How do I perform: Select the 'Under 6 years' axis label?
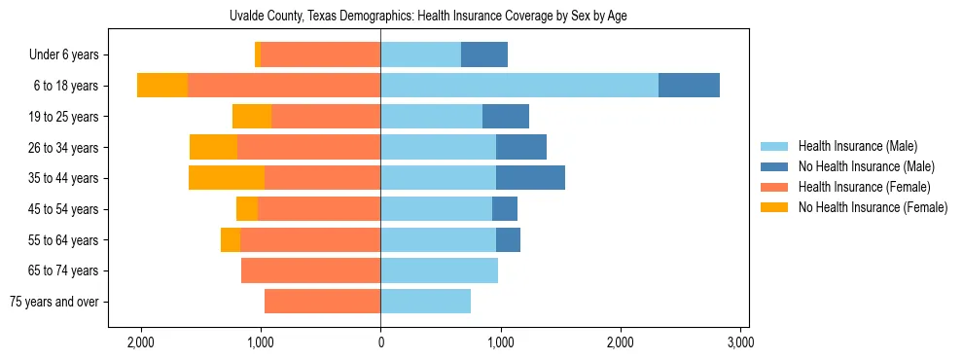tap(69, 54)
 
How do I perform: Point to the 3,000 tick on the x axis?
tap(740, 342)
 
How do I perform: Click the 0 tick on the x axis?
tap(380, 342)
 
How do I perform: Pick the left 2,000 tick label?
tap(141, 342)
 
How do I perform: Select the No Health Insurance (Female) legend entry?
tap(873, 207)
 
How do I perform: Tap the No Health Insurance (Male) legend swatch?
tap(775, 166)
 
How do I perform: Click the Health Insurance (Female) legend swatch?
tap(775, 187)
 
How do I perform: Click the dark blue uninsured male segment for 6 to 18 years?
tap(689, 86)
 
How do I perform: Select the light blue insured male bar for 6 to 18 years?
tap(519, 86)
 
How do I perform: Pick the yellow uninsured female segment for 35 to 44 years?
tap(227, 178)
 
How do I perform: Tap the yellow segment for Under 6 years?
tap(258, 54)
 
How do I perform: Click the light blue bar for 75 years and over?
tap(425, 302)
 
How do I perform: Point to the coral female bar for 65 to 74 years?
tap(310, 270)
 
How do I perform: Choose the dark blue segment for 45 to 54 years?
tap(505, 209)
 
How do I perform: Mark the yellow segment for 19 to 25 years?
tap(252, 117)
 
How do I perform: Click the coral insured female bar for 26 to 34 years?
tap(308, 147)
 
